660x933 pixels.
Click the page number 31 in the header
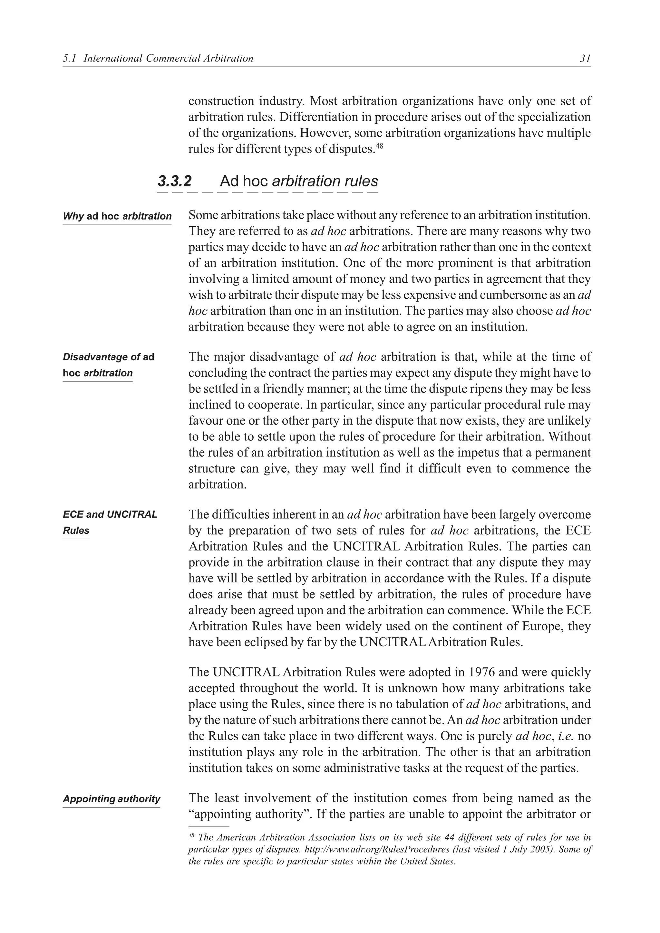[585, 59]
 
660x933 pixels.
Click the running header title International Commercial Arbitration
[168, 59]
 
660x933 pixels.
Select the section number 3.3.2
[174, 181]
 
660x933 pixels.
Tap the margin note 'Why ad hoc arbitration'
[117, 216]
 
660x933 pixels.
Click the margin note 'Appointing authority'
[112, 798]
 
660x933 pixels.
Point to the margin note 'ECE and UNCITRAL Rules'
[110, 522]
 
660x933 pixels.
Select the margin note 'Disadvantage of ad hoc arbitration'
[108, 365]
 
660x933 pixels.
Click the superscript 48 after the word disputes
[379, 146]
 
